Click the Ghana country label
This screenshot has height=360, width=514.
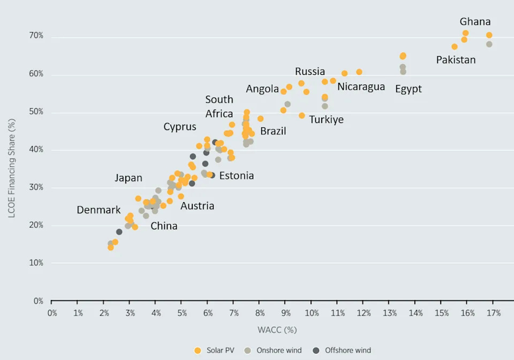[475, 22]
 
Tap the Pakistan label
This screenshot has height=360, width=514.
[456, 60]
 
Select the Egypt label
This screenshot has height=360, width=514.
[408, 89]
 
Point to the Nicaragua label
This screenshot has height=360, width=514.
[361, 87]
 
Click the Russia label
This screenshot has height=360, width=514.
[309, 72]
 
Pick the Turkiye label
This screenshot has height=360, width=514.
[326, 120]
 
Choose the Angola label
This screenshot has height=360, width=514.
[262, 89]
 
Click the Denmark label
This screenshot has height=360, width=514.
[99, 210]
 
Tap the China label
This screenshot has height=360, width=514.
[163, 226]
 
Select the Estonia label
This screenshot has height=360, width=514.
[236, 176]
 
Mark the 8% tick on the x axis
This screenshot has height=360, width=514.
[259, 313]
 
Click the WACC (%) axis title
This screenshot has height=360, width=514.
[276, 330]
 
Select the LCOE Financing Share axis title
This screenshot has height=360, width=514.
[12, 168]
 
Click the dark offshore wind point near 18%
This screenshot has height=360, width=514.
[119, 232]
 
